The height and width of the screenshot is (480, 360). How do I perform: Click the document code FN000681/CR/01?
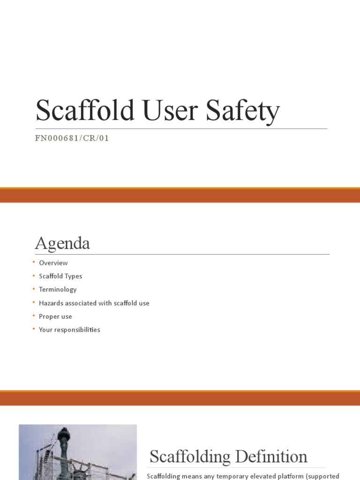(72, 138)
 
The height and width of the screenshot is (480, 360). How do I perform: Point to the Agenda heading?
(62, 244)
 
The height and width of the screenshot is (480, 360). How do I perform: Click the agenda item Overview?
(53, 263)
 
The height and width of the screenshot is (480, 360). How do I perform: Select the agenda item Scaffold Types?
(60, 276)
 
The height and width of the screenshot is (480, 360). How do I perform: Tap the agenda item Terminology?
(58, 290)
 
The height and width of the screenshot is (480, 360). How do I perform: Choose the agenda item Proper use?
(55, 316)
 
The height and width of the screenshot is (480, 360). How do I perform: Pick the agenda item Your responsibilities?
(69, 330)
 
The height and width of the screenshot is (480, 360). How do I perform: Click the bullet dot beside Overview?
(34, 262)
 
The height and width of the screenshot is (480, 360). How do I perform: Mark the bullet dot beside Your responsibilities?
(34, 329)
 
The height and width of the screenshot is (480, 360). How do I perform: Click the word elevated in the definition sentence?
(263, 476)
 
